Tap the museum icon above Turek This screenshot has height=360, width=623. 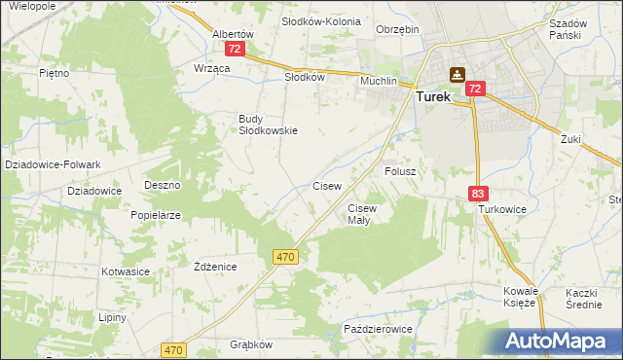tap(457, 74)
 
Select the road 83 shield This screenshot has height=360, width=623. tap(477, 195)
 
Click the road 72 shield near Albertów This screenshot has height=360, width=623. tap(233, 47)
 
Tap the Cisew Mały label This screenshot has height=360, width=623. tap(362, 214)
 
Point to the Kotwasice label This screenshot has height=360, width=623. tap(124, 271)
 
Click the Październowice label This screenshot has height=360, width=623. tap(379, 330)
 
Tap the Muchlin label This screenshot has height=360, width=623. tap(379, 81)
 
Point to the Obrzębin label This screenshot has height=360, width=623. tap(397, 29)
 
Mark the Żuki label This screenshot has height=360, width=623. tap(570, 139)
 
